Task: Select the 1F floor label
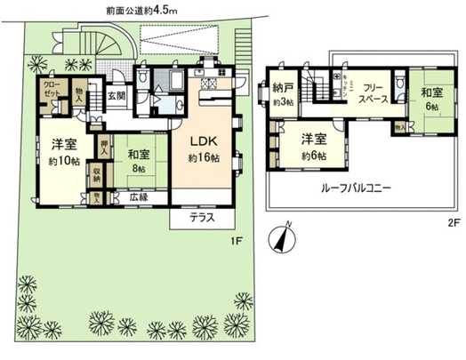237,241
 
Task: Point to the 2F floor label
441,225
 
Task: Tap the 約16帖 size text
204,157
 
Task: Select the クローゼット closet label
52,91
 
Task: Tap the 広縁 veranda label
137,197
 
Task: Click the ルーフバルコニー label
351,188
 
